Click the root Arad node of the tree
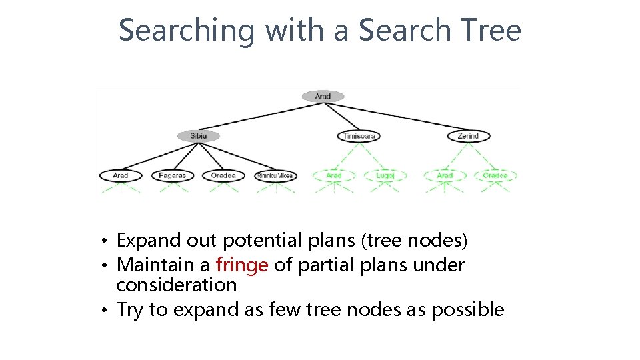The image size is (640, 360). pyautogui.click(x=323, y=97)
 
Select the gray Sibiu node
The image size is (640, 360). pyautogui.click(x=198, y=136)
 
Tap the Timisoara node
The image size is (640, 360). pyautogui.click(x=359, y=136)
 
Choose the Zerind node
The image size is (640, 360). pyautogui.click(x=468, y=136)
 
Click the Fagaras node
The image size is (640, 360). pyautogui.click(x=172, y=176)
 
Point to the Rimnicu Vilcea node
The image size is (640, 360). pyautogui.click(x=275, y=176)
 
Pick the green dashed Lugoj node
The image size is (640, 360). pyautogui.click(x=385, y=176)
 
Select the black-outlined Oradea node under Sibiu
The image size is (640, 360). pyautogui.click(x=223, y=176)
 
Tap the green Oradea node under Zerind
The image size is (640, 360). pyautogui.click(x=495, y=176)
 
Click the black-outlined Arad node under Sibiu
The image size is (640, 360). pyautogui.click(x=121, y=176)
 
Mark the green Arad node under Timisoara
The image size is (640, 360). pyautogui.click(x=334, y=176)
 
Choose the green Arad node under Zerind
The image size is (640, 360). pyautogui.click(x=445, y=176)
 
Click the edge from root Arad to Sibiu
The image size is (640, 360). pyautogui.click(x=260, y=116)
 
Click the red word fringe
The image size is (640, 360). pyautogui.click(x=242, y=265)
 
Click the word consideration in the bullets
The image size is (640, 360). pyautogui.click(x=176, y=285)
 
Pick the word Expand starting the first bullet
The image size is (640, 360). pyautogui.click(x=149, y=241)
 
